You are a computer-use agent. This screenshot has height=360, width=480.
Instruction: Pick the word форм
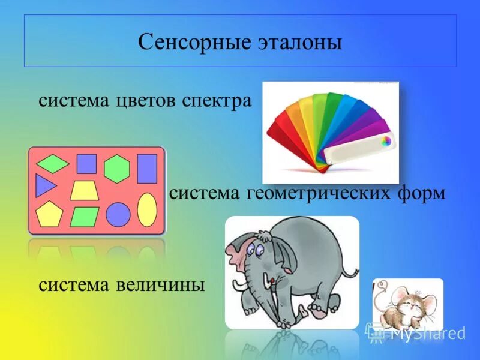pos(421,194)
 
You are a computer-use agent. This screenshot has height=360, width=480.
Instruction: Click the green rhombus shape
pos(53,164)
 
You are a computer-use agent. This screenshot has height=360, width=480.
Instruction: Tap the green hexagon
pos(116,169)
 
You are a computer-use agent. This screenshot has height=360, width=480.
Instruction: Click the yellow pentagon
pos(49,214)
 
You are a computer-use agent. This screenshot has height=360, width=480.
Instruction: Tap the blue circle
pos(118,215)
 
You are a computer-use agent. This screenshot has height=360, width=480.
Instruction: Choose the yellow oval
pos(147,210)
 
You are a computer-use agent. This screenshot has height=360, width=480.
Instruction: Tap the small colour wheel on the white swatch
pos(386,141)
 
